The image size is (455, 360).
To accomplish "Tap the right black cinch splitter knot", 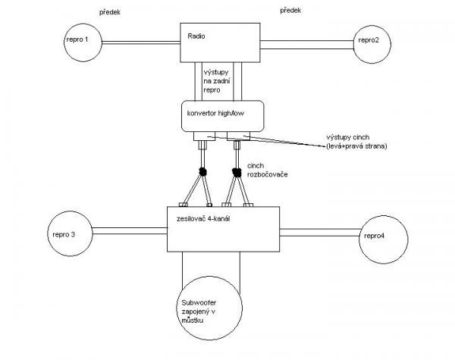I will (x=237, y=173).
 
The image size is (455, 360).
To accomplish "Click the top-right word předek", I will (x=290, y=11).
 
